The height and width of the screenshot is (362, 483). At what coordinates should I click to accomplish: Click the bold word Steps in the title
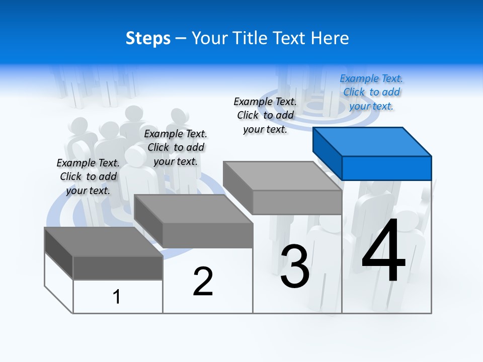148,39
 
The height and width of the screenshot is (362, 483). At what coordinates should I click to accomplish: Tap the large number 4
383,251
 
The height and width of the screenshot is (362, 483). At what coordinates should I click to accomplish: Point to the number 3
295,266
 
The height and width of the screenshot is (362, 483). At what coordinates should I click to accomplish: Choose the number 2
203,282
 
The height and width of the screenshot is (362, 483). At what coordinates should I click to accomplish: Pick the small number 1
117,297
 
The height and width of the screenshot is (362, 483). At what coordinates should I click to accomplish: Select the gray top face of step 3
282,176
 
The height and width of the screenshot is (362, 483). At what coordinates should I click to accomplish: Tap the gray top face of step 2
194,209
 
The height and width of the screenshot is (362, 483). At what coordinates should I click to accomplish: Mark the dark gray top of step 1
103,241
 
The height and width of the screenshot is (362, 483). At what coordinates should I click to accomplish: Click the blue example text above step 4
371,93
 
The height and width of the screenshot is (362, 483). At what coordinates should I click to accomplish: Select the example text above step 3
265,115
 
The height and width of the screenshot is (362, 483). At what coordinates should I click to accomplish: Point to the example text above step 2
176,148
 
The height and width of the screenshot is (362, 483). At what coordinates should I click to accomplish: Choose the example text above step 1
88,177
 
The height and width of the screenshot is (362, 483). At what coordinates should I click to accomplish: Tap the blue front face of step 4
386,168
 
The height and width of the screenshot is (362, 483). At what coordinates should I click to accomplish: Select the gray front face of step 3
297,202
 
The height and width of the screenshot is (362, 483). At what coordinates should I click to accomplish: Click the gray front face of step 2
207,235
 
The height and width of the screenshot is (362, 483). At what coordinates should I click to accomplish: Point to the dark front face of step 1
118,267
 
